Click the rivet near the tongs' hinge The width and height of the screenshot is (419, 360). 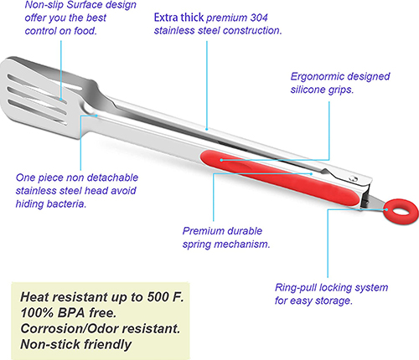coord(354,177)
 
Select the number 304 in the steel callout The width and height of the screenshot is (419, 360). coord(259,18)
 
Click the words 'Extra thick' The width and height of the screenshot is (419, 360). coord(178,18)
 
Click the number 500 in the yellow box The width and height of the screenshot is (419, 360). coord(158,297)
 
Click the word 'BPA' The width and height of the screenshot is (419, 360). coord(71,312)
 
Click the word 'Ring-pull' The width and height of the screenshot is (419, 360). coord(295,288)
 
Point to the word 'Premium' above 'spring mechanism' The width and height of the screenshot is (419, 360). coord(199,231)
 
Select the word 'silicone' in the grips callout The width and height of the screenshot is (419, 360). coord(308,90)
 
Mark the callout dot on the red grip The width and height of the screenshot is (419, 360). coord(221,160)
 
